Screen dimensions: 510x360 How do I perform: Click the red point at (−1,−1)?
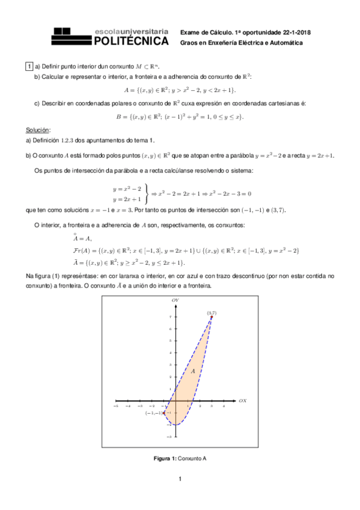[164, 413]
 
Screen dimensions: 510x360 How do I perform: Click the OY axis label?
[175, 300]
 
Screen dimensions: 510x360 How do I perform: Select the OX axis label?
[243, 400]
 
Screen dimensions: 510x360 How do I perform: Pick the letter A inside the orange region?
[193, 372]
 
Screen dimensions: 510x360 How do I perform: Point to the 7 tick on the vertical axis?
[171, 316]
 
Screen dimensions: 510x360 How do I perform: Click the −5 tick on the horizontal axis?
[115, 406]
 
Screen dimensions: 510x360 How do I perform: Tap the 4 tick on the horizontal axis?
[224, 406]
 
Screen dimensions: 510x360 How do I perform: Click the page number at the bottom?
[179, 479]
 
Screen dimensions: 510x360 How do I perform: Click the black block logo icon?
[70, 35]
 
